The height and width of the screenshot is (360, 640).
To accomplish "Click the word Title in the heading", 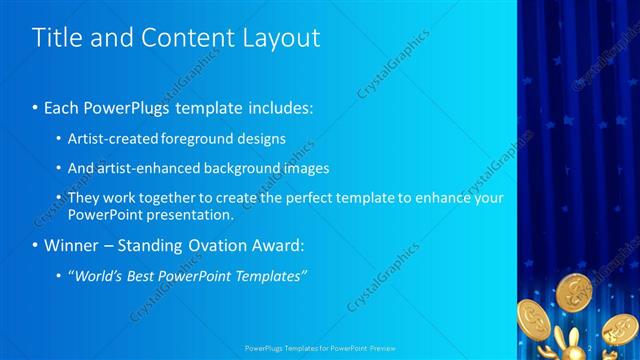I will [x=55, y=38].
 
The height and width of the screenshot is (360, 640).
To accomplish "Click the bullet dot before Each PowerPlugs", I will [x=36, y=105].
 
